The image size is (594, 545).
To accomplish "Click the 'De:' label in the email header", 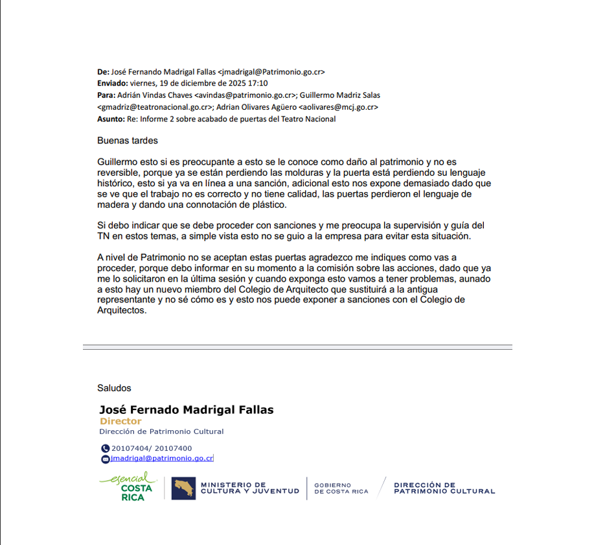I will click(x=103, y=72).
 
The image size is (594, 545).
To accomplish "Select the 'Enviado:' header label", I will click(x=113, y=84).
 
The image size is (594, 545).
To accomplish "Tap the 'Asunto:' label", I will click(x=111, y=119).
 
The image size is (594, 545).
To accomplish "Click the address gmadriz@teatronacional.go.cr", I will click(x=155, y=107).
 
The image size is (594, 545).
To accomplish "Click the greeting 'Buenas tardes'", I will click(x=128, y=141).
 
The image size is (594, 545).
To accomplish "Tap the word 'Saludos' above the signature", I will click(x=114, y=388).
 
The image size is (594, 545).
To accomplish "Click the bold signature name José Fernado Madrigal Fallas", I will click(x=186, y=410).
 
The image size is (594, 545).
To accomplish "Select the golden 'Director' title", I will click(x=120, y=422).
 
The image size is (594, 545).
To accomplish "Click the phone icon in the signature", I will click(x=106, y=448).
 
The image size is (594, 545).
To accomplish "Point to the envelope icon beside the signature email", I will click(x=106, y=459).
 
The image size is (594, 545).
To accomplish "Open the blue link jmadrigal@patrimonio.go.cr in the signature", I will click(x=162, y=458).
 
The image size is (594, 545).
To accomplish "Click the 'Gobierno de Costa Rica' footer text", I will click(x=341, y=489).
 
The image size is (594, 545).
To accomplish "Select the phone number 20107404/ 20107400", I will click(x=152, y=448).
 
